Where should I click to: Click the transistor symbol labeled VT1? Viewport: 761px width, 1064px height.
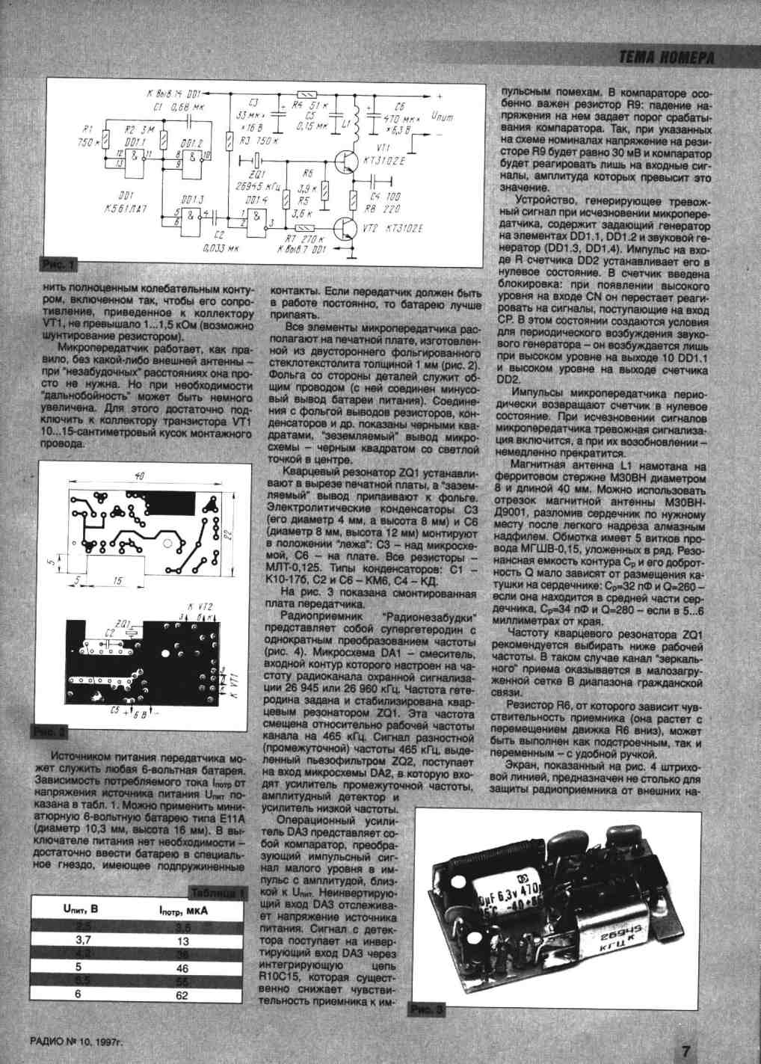[x=346, y=162]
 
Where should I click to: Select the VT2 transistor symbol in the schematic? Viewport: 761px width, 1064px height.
[x=345, y=227]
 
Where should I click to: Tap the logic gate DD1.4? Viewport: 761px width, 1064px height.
[x=257, y=218]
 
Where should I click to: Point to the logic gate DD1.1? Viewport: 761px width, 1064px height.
[x=135, y=157]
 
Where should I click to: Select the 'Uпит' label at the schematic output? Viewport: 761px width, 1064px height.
[x=442, y=117]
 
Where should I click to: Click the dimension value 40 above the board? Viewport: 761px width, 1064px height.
[x=141, y=476]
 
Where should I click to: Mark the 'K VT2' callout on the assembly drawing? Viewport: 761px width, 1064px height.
[x=200, y=606]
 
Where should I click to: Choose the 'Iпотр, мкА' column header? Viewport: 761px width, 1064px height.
[x=184, y=910]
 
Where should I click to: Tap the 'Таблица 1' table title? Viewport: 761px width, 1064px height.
[x=217, y=894]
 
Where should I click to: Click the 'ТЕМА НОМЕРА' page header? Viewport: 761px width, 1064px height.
[x=667, y=58]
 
